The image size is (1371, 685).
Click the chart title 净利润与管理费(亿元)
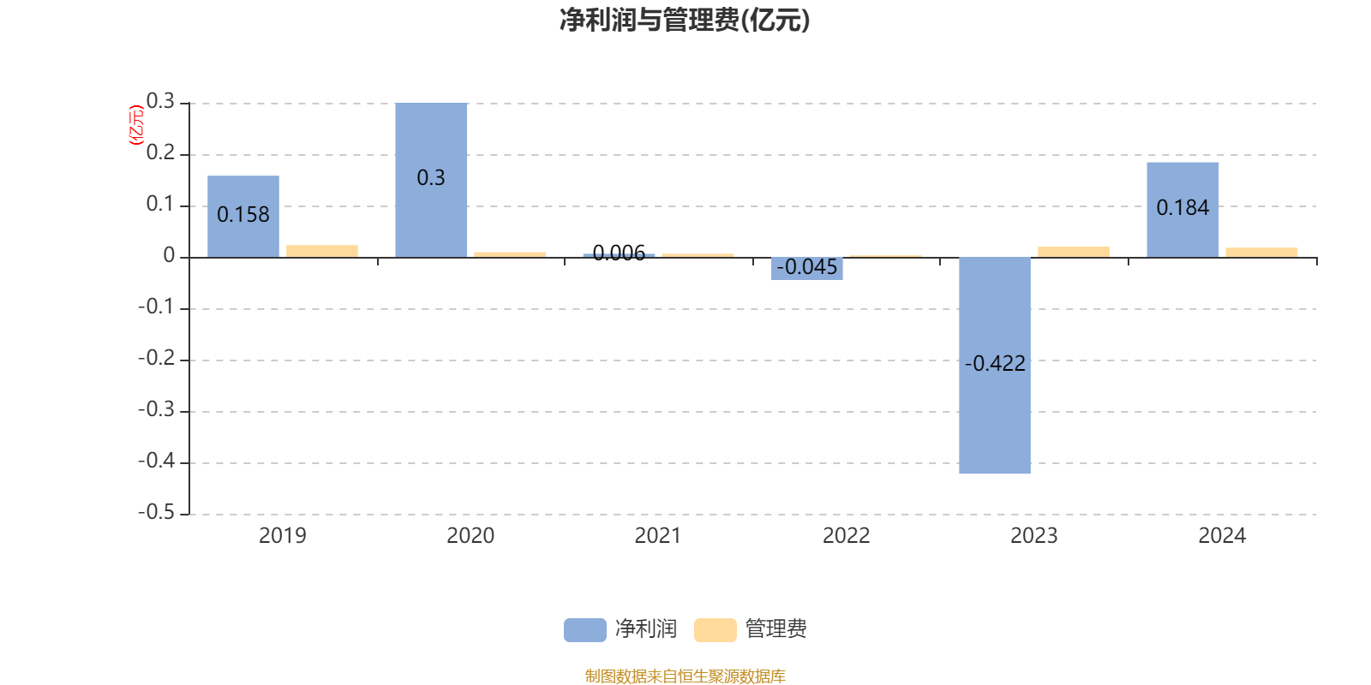pos(685,20)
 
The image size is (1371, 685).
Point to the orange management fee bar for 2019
pos(322,251)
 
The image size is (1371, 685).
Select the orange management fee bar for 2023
pos(1074,252)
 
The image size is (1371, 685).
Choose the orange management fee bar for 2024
pos(1261,252)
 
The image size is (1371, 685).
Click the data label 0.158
pos(243,214)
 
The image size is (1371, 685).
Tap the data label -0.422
pos(995,364)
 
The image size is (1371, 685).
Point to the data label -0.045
pos(807,267)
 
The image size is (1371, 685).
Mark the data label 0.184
pos(1182,208)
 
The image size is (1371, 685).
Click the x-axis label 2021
pos(657,536)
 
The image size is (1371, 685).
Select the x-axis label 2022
pos(846,536)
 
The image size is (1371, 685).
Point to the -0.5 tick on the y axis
pos(156,512)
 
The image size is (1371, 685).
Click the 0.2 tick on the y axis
pos(160,153)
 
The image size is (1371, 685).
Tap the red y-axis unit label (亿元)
pos(135,125)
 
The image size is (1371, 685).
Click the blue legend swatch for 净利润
pos(584,629)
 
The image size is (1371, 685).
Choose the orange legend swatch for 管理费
pos(715,629)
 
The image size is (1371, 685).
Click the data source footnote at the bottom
pos(685,676)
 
